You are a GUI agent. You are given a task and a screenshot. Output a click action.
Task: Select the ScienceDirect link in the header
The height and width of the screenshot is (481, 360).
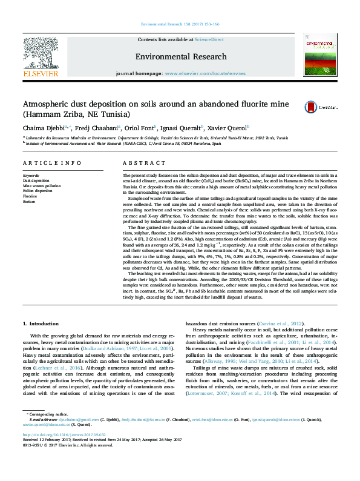[209, 39]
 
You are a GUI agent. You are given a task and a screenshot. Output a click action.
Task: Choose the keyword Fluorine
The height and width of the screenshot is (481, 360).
[30, 196]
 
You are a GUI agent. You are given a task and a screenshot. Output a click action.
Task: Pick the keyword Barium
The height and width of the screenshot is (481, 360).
[28, 202]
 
